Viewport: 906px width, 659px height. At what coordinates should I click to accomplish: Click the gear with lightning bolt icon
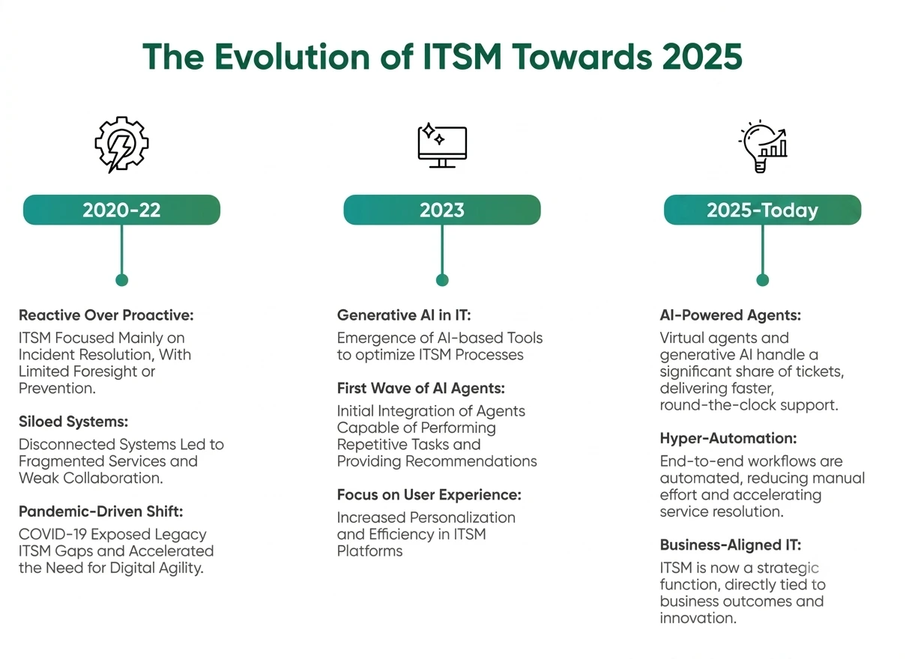pyautogui.click(x=121, y=145)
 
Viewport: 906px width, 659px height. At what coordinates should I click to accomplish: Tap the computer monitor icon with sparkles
pyautogui.click(x=442, y=145)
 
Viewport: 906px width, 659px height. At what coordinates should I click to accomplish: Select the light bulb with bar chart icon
pyautogui.click(x=762, y=146)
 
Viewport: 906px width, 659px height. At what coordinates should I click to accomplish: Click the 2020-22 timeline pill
pyautogui.click(x=121, y=210)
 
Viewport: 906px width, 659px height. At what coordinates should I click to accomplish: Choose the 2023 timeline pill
pyautogui.click(x=442, y=210)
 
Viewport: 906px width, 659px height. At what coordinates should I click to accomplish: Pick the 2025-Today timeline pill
pyautogui.click(x=762, y=210)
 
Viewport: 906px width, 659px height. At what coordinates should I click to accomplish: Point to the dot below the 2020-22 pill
pyautogui.click(x=121, y=280)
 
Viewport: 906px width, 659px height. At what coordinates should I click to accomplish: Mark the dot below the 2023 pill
pyautogui.click(x=442, y=280)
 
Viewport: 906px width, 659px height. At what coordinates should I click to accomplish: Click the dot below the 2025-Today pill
pyautogui.click(x=762, y=280)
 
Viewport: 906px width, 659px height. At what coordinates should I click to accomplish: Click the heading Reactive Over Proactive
pyautogui.click(x=106, y=315)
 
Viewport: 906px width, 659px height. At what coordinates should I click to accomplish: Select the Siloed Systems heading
pyautogui.click(x=73, y=422)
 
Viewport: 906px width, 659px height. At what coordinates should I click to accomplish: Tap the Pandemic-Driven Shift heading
pyautogui.click(x=100, y=511)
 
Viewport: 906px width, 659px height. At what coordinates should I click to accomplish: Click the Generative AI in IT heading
pyautogui.click(x=404, y=315)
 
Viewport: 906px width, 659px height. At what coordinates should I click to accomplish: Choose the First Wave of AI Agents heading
pyautogui.click(x=421, y=389)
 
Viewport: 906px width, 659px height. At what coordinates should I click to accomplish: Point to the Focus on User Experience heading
pyautogui.click(x=429, y=495)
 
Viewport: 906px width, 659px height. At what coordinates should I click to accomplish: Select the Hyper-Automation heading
pyautogui.click(x=728, y=439)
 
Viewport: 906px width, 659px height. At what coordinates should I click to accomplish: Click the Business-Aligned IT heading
pyautogui.click(x=731, y=545)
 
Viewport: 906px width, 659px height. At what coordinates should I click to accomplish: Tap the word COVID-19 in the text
pyautogui.click(x=52, y=535)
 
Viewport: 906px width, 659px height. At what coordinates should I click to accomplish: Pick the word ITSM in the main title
pyautogui.click(x=462, y=57)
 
